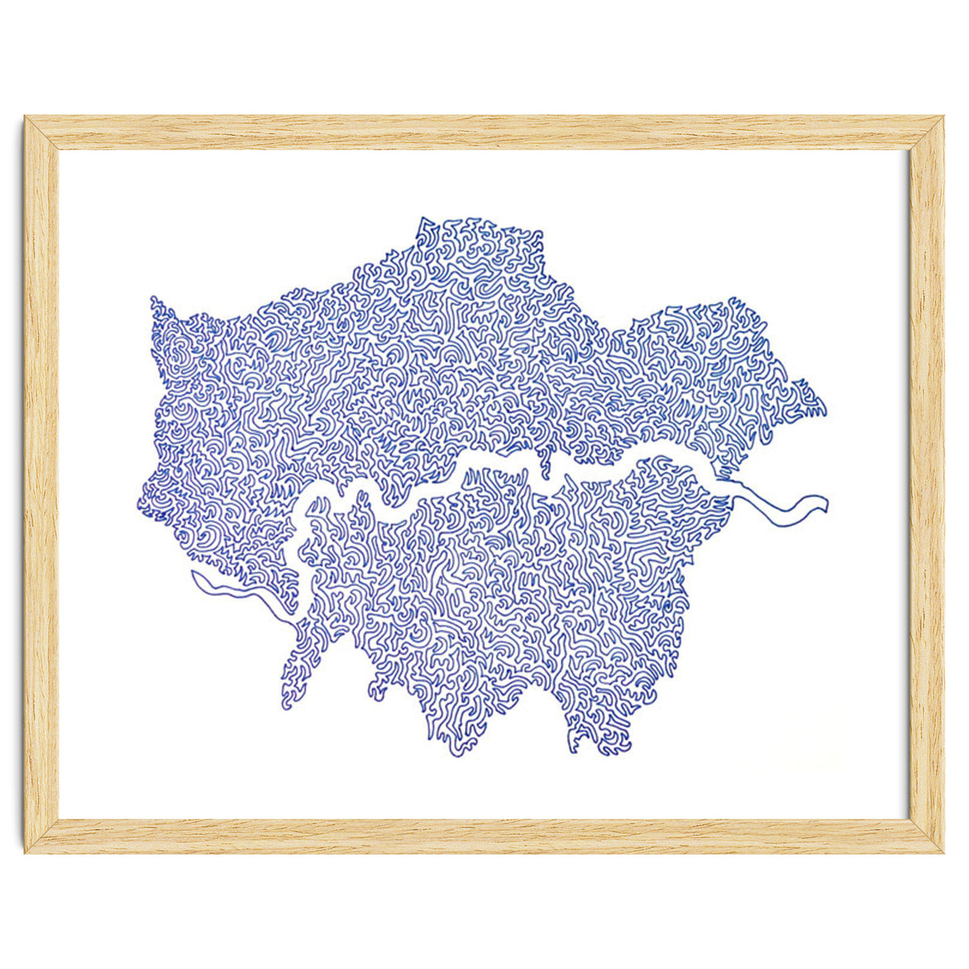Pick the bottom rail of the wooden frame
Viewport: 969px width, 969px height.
(x=484, y=836)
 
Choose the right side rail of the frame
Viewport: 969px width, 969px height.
(x=926, y=484)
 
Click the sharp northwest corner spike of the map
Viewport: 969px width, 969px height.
(x=153, y=300)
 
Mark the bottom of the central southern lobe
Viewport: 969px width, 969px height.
(x=456, y=753)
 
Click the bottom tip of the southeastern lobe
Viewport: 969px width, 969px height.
(x=604, y=753)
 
